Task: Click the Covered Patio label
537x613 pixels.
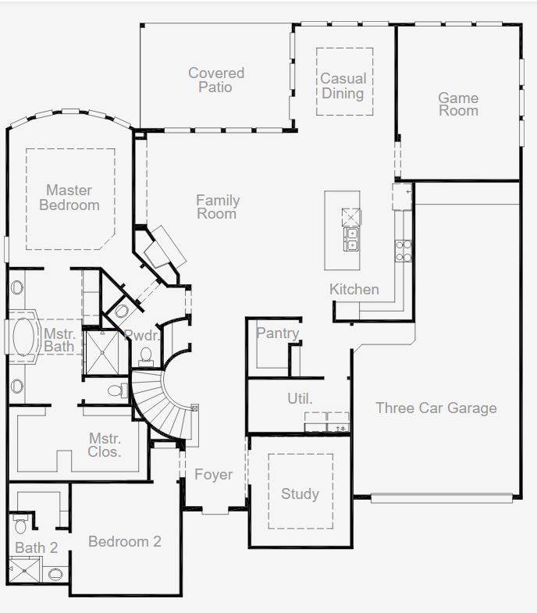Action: [x=216, y=80]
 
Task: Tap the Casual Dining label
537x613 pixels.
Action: [x=343, y=86]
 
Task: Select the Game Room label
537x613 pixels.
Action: [x=458, y=104]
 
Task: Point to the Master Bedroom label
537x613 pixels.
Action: [x=69, y=198]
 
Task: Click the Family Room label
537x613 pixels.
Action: [x=218, y=207]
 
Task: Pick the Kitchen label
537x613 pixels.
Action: [x=354, y=289]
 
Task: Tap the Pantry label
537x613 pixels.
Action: [x=278, y=333]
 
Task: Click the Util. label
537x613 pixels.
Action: [x=300, y=398]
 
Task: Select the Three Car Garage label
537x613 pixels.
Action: [x=436, y=408]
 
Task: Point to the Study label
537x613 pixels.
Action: [x=300, y=494]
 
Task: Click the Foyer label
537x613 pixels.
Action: [x=213, y=474]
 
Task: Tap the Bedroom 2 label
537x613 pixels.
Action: [x=125, y=541]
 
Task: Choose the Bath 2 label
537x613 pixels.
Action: [x=37, y=547]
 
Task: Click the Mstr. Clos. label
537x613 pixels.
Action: [x=105, y=445]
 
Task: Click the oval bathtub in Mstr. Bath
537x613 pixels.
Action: [x=23, y=337]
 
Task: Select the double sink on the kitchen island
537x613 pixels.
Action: [x=352, y=239]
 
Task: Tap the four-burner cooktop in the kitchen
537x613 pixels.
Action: [x=404, y=251]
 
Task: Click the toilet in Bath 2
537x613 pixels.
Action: [x=20, y=524]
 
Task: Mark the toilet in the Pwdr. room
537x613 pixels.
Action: [x=146, y=357]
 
